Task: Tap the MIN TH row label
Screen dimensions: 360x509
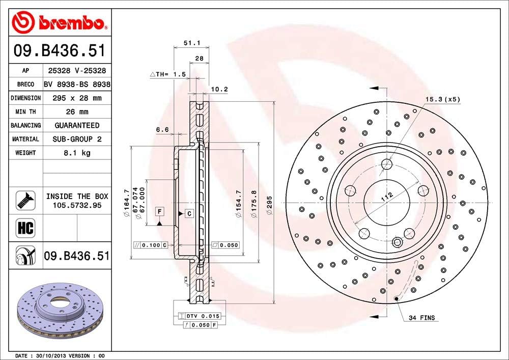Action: pos(25,112)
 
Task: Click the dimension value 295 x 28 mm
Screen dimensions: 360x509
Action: pos(77,98)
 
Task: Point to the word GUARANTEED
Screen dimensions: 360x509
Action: pos(77,125)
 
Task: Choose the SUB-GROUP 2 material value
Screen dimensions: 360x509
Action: pos(77,139)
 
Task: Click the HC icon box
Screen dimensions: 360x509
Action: pos(25,228)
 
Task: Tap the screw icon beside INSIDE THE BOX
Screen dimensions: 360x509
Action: pos(25,200)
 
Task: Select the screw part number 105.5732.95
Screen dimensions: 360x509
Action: pos(77,205)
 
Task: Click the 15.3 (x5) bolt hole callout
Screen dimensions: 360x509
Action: pos(442,99)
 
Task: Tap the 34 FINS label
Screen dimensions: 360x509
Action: pos(421,318)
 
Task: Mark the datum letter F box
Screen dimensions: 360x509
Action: pos(159,211)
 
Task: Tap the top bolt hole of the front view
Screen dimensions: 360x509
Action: pos(387,164)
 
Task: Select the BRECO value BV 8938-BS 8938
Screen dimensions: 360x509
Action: pos(77,84)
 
